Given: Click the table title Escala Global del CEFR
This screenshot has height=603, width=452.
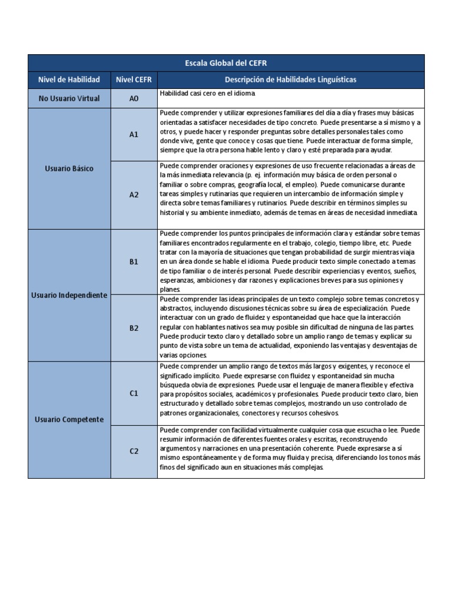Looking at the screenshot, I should point(226,63).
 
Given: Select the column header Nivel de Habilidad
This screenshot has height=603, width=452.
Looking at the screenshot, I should point(69,79).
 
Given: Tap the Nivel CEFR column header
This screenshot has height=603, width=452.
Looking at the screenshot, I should point(134,79).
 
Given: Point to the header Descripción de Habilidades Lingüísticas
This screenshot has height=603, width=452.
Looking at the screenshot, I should point(290,79).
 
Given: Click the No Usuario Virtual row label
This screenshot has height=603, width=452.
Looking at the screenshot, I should point(69,98).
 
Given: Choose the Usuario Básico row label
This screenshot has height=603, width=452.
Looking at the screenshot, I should point(69,169).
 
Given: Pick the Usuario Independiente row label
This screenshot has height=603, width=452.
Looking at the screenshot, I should point(69,295).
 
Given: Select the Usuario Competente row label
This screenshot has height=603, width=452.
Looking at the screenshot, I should point(69,419).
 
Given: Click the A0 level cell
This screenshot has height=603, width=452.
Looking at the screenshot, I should point(134,98).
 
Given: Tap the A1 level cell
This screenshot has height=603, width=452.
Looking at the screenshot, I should point(134,134).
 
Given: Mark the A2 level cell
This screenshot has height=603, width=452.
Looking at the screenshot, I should point(134,194).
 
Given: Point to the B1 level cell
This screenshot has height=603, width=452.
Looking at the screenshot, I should point(134,261).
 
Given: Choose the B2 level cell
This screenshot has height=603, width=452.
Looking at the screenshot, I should point(134,328).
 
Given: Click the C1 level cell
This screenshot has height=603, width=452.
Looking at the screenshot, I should point(134,393).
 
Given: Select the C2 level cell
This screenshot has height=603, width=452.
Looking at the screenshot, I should point(134,451).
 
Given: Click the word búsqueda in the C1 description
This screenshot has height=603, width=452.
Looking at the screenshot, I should point(174,385).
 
